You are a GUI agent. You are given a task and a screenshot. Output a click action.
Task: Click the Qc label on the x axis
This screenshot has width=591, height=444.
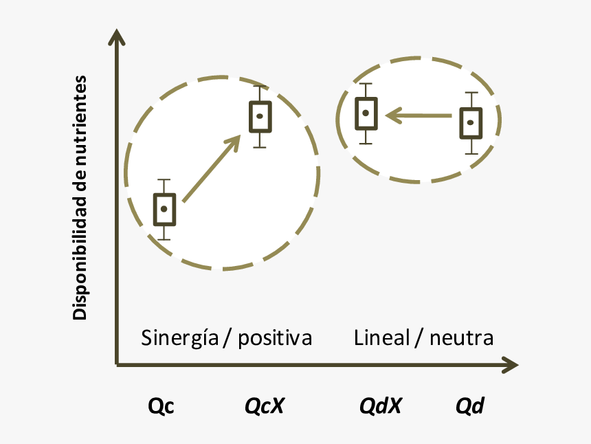(161, 406)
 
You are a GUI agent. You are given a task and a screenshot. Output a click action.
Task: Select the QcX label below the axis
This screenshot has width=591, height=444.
(265, 406)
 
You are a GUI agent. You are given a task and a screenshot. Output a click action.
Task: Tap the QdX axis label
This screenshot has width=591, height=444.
(381, 406)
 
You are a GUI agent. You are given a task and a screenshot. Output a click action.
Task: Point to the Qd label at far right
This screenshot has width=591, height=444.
(470, 406)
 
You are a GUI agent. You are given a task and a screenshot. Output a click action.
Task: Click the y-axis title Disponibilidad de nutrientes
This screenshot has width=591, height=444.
(80, 198)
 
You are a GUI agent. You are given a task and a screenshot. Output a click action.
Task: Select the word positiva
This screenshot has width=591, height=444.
(275, 338)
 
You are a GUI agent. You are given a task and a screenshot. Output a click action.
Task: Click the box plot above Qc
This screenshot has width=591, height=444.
(164, 209)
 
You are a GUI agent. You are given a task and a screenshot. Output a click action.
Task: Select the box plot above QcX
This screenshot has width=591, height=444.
(260, 116)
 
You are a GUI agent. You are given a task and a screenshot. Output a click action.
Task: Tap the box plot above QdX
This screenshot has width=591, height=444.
(366, 113)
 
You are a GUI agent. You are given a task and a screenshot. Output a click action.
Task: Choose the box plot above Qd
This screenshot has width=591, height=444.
(471, 123)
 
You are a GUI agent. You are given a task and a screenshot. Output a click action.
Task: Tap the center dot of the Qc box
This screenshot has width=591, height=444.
(164, 208)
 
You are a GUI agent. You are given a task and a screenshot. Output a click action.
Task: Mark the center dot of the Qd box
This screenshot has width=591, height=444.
(471, 122)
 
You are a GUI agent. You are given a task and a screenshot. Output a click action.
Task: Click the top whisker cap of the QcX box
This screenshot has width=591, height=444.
(260, 86)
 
